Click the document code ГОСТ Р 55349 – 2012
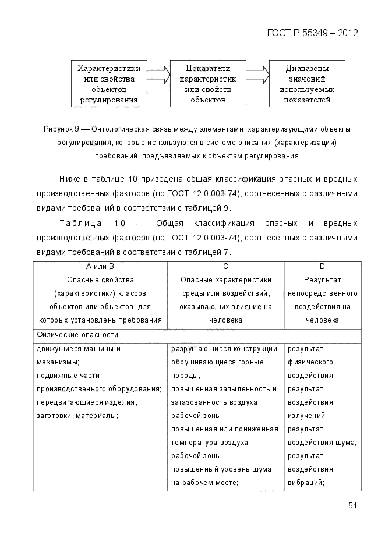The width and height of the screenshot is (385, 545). pos(312,33)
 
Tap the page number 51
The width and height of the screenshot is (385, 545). pos(352,505)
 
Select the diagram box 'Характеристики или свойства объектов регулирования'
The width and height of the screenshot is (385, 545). pos(109,83)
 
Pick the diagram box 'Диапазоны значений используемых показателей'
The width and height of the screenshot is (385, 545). pos(307,83)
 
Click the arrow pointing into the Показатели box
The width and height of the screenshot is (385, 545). pos(158,75)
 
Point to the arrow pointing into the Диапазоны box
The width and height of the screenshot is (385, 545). pos(257,75)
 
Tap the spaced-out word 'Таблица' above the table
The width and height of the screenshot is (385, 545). pos(81,223)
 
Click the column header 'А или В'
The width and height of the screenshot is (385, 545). pos(100,266)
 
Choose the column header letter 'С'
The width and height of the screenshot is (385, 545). pos(225,266)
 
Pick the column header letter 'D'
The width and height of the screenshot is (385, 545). pos(322,266)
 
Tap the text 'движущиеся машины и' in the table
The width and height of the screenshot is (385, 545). pos(78,349)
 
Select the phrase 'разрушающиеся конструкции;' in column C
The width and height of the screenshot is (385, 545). pos(224,349)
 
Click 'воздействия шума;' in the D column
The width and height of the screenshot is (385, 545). pos(322,443)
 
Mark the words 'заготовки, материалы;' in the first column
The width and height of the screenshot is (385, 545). pos(77,416)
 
